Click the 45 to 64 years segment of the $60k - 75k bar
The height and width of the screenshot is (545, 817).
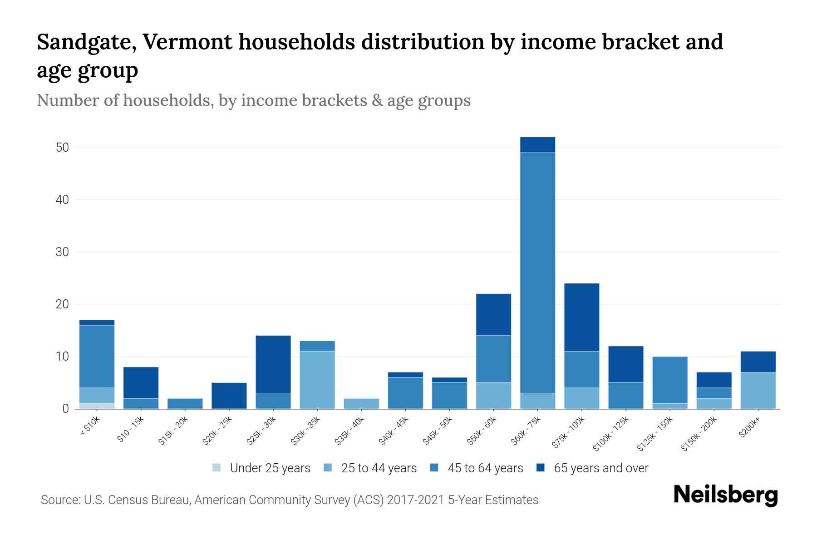point(537,272)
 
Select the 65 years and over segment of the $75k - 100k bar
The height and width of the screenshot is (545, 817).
point(581,317)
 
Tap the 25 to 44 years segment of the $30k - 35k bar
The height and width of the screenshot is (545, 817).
point(317,380)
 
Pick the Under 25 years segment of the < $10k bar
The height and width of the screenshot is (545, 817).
point(97,406)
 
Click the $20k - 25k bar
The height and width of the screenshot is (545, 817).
point(229,396)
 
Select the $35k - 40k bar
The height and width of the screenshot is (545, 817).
point(361,403)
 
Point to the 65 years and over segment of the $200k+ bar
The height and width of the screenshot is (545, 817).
point(758,362)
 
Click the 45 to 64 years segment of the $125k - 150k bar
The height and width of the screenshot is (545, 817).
point(669,380)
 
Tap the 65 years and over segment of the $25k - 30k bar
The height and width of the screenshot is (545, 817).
point(273,364)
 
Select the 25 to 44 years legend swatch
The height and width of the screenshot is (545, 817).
point(328,468)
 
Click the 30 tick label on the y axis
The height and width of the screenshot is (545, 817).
point(62,252)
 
